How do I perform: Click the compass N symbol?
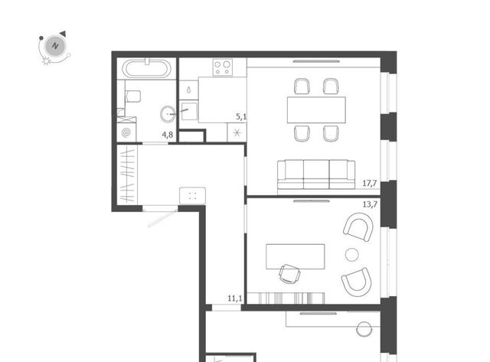coord(55,46)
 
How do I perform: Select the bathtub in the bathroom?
coord(146,68)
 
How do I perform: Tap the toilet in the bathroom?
coord(132,96)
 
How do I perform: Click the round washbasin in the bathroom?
coord(168,114)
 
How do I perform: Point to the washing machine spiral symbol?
coord(126,132)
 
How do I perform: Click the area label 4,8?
coord(167,135)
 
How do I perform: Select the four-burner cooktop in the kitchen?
coord(223,67)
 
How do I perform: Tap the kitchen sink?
coord(189,112)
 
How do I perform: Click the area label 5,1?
coord(241,117)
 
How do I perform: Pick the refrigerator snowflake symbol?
coord(237,133)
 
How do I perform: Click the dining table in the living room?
coord(316,110)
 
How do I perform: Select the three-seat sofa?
coord(316,174)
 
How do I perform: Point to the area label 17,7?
coord(370,184)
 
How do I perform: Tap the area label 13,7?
coord(370,204)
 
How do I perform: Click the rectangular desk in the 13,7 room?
coord(296,256)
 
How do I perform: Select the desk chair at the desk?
coord(289,274)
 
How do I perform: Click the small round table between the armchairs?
coord(352,255)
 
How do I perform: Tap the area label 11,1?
coord(235,298)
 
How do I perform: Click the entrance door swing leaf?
coord(162,218)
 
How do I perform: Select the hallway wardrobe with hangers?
coord(127,174)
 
